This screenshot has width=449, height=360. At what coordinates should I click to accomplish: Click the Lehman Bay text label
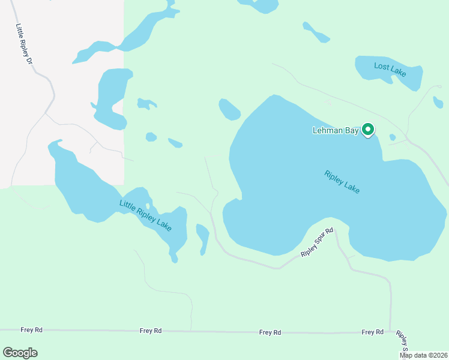(335, 130)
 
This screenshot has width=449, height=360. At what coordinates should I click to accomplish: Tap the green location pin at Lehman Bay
(369, 129)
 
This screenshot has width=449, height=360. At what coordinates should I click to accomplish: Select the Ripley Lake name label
(342, 182)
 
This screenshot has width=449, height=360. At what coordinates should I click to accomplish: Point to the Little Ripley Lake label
(145, 215)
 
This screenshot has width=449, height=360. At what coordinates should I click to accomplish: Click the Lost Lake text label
(390, 70)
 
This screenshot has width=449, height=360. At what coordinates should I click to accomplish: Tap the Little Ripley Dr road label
(24, 44)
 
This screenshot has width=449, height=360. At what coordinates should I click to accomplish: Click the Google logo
(20, 352)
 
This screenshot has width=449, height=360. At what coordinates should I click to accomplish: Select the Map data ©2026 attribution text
(423, 355)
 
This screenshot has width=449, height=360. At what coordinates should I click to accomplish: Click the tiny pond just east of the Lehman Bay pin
(393, 137)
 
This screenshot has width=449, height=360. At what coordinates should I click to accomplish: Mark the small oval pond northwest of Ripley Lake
(229, 109)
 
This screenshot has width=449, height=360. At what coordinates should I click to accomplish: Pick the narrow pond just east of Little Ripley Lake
(203, 238)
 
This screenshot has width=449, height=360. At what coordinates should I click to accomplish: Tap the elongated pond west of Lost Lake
(316, 32)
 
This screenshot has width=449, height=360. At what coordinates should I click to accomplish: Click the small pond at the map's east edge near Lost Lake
(438, 103)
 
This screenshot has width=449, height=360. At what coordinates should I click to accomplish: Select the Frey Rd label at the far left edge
(31, 329)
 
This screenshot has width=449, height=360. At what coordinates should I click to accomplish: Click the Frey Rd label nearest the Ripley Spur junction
(372, 332)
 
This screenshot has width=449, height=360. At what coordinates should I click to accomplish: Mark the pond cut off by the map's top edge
(259, 5)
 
